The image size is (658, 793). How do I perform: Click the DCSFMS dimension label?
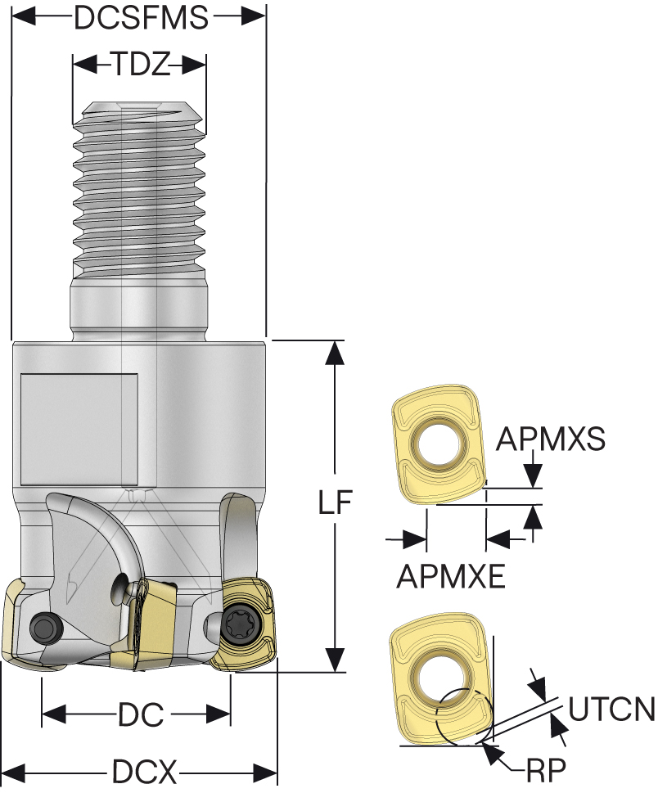click(140, 17)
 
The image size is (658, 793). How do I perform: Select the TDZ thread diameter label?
click(139, 64)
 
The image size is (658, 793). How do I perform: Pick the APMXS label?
click(551, 439)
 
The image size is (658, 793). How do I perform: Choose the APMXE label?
click(450, 577)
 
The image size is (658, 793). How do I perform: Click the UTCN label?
click(611, 709)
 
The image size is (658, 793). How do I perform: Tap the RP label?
click(547, 770)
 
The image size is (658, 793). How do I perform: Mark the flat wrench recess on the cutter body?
click(79, 429)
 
